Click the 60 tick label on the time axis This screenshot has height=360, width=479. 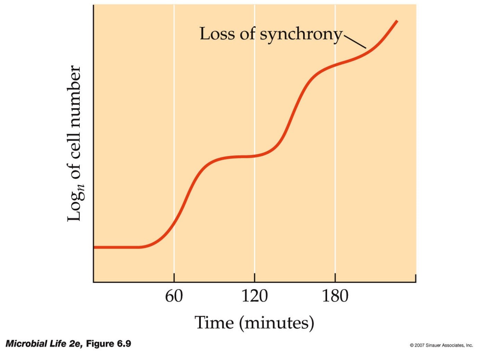tap(174, 296)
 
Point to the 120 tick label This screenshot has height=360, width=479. tap(254, 296)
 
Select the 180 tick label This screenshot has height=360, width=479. tap(335, 296)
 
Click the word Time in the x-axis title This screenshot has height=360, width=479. tap(214, 323)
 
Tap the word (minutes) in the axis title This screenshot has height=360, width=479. tap(277, 323)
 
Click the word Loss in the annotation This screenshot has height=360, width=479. tap(217, 34)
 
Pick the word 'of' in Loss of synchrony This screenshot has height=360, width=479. tap(248, 34)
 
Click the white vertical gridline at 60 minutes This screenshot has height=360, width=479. tap(174, 104)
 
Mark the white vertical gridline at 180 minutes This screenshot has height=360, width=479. tap(335, 173)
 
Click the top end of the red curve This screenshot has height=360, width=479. tap(397, 22)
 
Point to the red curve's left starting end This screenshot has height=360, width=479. tap(95, 247)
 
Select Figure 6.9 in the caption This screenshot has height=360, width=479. tap(109, 344)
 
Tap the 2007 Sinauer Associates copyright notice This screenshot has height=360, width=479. tap(441, 345)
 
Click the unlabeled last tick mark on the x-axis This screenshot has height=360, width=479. tap(415, 278)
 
